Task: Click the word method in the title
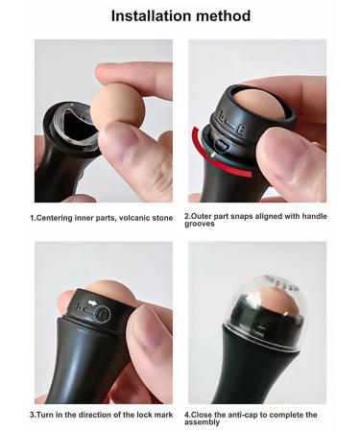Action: [223, 15]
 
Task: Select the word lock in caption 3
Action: [121, 415]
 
